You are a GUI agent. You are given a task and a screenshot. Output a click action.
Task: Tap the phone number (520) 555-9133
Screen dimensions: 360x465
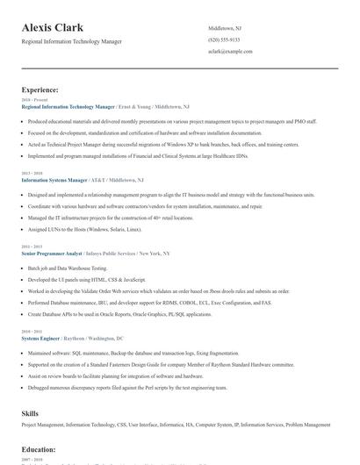224,39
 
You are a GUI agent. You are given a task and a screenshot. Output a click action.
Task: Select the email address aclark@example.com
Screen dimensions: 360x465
230,52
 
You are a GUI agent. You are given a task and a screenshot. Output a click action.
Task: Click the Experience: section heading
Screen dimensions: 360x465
40,89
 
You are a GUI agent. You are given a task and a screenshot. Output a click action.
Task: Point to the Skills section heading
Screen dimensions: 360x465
31,412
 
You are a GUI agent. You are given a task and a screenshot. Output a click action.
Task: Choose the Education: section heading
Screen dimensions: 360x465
39,448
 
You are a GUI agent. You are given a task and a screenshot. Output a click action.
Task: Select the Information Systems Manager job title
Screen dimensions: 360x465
54,179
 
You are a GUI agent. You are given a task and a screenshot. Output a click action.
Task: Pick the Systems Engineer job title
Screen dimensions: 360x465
41,338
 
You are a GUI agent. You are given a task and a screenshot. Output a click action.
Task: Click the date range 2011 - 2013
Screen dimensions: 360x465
31,247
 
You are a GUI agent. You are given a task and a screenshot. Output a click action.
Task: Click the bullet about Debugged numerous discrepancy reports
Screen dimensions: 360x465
120,387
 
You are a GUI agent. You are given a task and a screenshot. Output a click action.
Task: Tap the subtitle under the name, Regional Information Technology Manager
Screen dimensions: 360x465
72,41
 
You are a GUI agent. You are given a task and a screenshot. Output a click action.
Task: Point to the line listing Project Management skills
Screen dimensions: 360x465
176,425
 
